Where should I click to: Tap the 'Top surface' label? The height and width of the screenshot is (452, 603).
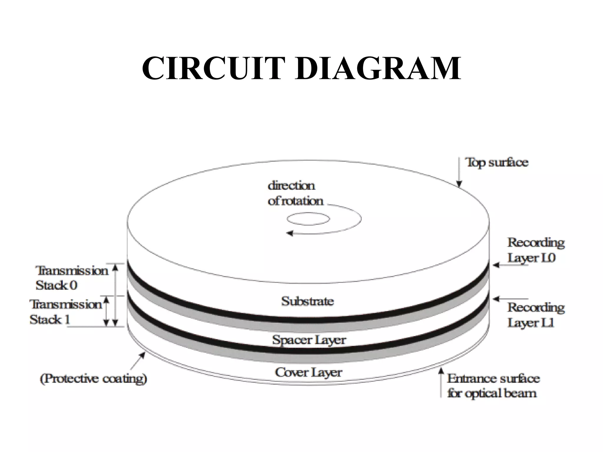tap(496, 162)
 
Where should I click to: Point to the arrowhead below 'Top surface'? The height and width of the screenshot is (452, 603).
tap(459, 184)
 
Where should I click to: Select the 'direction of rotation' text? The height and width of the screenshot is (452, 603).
tap(294, 193)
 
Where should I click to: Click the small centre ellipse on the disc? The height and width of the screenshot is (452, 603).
tap(308, 219)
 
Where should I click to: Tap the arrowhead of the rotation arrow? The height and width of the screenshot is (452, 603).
tap(290, 233)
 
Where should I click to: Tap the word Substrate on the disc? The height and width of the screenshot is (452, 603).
tap(307, 301)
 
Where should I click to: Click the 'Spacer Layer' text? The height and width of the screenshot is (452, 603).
tap(309, 340)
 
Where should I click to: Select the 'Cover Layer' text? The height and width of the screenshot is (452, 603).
tap(309, 373)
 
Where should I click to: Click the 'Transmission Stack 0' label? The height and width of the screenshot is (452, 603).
tap(71, 278)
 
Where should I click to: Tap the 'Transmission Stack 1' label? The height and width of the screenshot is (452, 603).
tap(65, 312)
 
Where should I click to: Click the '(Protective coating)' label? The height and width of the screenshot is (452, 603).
tap(93, 378)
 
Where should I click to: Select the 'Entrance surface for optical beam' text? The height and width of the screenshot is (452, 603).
tap(493, 386)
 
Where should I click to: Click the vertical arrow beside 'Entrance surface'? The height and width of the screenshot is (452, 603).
tap(441, 383)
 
